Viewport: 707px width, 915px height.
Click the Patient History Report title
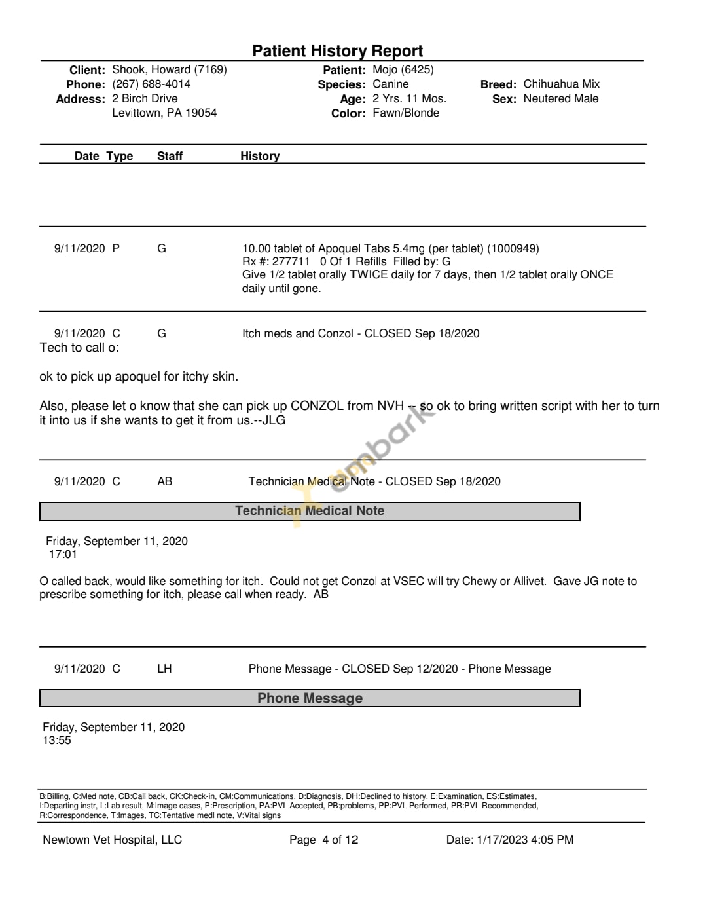coord(337,51)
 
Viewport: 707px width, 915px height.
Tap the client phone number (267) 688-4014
coord(151,84)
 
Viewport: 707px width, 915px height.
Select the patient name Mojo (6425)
coord(403,69)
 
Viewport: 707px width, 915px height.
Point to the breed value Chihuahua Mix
coord(561,84)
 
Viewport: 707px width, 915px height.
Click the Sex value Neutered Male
coord(560,98)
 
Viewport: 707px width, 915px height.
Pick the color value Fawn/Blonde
coord(406,113)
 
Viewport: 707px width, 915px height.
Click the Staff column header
coord(170,156)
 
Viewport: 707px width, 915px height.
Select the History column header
coord(260,156)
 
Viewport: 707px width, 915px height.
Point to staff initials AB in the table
coord(165,481)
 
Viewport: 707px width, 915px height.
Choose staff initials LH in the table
coord(164,669)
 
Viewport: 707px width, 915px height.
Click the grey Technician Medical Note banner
coord(310,511)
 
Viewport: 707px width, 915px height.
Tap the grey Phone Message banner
coord(310,698)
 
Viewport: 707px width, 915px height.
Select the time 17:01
coord(63,554)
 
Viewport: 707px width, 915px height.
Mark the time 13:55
coord(57,740)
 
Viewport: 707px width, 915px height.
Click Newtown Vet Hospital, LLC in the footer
coord(112,840)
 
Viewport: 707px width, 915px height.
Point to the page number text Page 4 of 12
coord(323,840)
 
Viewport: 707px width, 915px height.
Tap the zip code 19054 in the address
coord(201,113)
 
